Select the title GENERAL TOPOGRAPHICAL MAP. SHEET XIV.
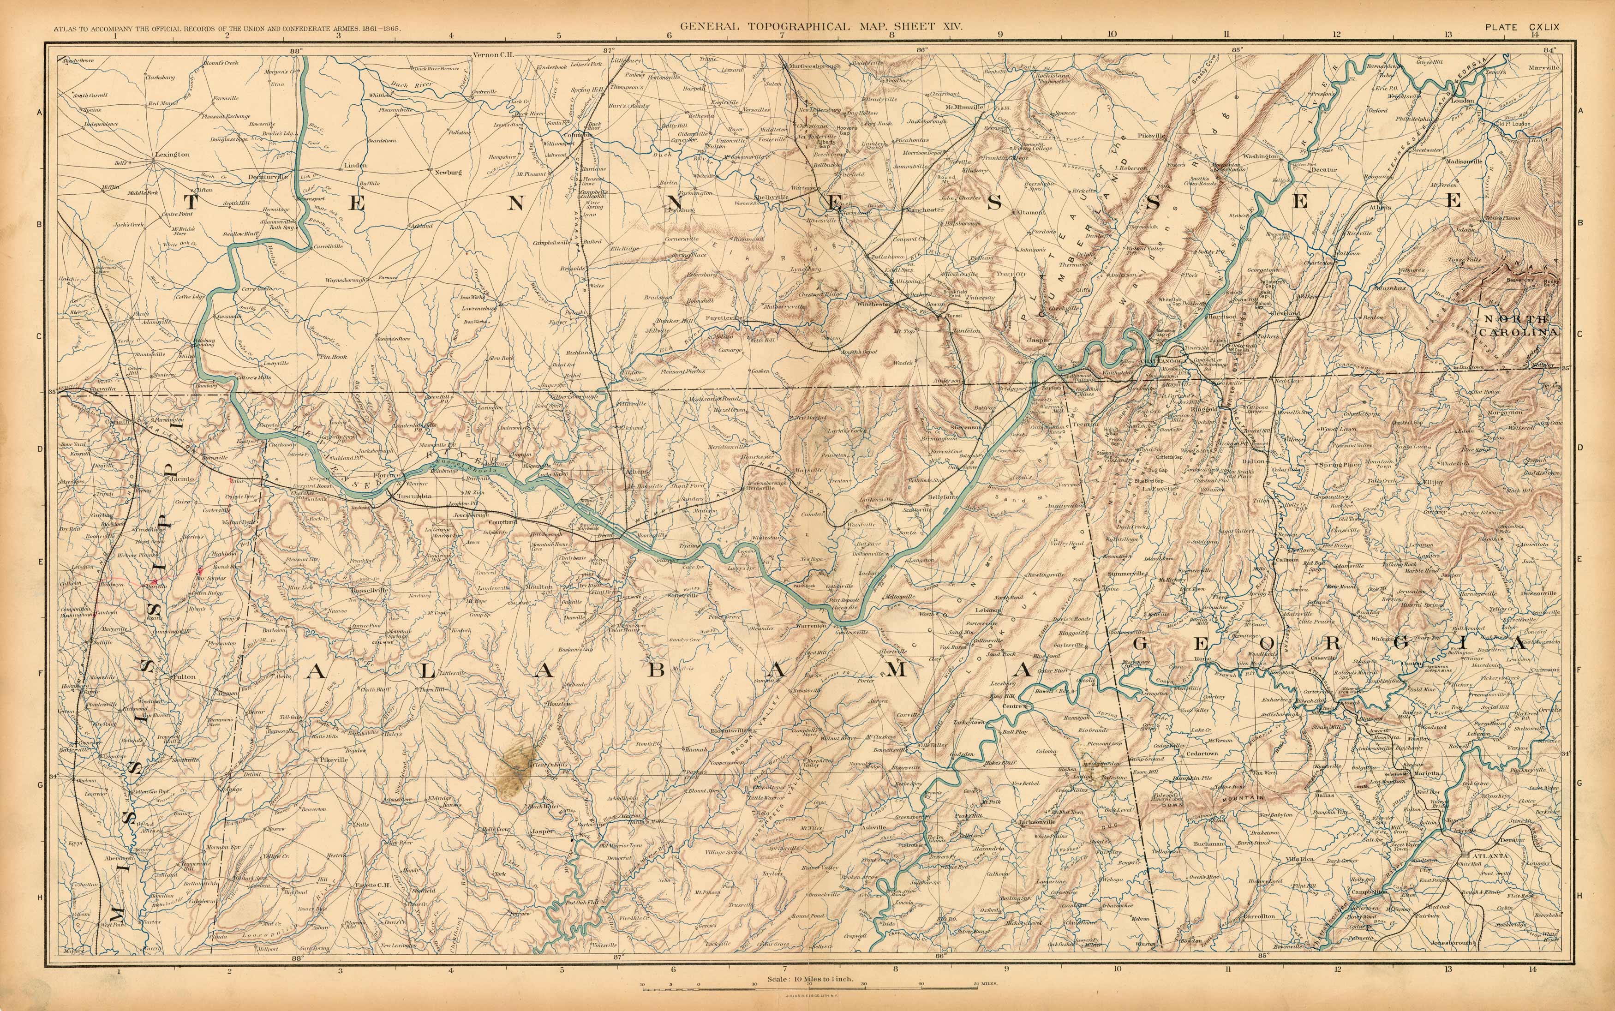click(821, 27)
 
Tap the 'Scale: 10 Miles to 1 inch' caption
click(810, 979)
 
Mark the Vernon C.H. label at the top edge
click(493, 55)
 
